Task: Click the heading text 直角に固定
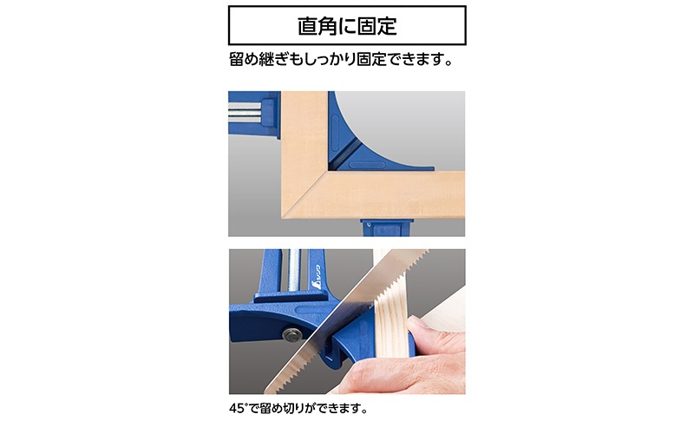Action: click(x=347, y=26)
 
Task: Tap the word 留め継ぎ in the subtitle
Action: click(x=258, y=59)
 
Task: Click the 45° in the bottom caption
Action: click(x=237, y=408)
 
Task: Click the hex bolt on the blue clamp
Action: click(x=291, y=334)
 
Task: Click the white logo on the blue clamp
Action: click(x=319, y=276)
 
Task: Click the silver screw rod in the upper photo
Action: click(x=245, y=112)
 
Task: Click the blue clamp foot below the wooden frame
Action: click(x=386, y=227)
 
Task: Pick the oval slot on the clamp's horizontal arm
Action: click(x=367, y=165)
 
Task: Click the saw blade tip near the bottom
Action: click(x=269, y=390)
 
